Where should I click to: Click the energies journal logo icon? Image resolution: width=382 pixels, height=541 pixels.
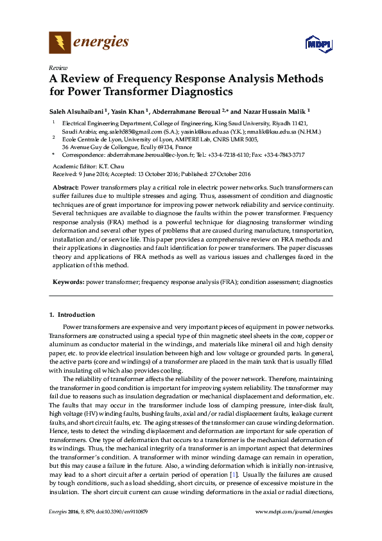click(59, 43)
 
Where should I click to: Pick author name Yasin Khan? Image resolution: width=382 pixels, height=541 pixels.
click(130, 111)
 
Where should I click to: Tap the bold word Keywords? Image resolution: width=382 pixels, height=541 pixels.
click(69, 282)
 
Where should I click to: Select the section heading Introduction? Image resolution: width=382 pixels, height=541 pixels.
click(76, 315)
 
